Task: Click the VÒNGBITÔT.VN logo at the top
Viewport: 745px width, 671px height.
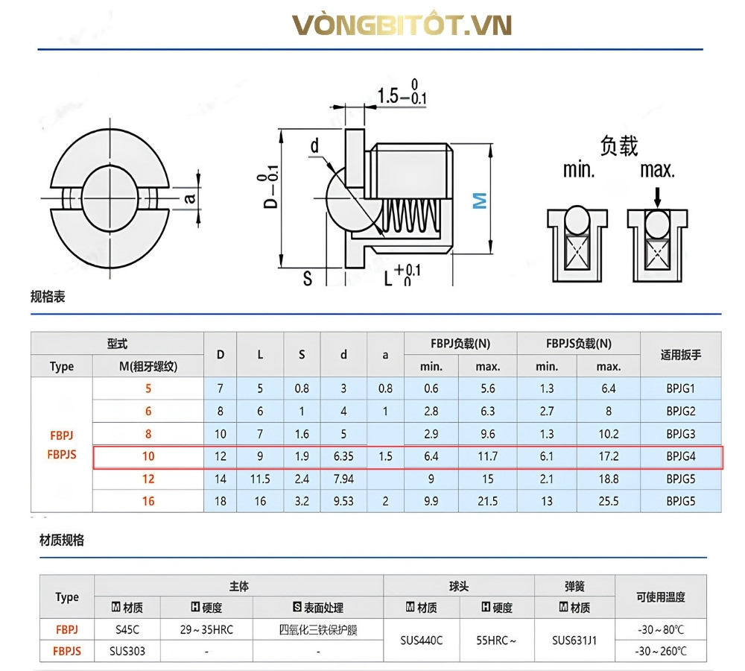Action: pyautogui.click(x=402, y=25)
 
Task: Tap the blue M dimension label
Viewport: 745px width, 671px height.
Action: pyautogui.click(x=479, y=201)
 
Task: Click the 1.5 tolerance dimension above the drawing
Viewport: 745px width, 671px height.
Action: pyautogui.click(x=402, y=92)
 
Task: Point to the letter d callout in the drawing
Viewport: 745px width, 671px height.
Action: pyautogui.click(x=314, y=145)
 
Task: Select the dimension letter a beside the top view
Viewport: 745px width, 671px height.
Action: pyautogui.click(x=189, y=198)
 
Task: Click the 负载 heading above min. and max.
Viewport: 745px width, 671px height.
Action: pyautogui.click(x=618, y=145)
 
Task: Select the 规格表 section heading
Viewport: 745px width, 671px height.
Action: pyautogui.click(x=48, y=297)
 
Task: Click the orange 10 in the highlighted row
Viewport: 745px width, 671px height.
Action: pyautogui.click(x=148, y=456)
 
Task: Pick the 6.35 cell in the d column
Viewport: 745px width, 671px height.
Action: pyautogui.click(x=343, y=456)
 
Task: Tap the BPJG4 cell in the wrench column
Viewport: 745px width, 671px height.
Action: pyautogui.click(x=680, y=456)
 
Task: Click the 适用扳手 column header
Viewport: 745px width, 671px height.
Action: pyautogui.click(x=680, y=355)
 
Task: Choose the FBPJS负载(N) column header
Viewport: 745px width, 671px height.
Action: pyautogui.click(x=579, y=344)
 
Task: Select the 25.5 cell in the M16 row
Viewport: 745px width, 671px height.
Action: pyautogui.click(x=609, y=501)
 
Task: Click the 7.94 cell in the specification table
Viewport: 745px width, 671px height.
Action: pyautogui.click(x=343, y=479)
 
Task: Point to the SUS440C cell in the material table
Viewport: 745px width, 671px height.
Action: pyautogui.click(x=422, y=640)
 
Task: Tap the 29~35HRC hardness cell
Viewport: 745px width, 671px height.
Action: pyautogui.click(x=206, y=630)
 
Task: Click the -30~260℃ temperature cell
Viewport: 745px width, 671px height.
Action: pyautogui.click(x=661, y=651)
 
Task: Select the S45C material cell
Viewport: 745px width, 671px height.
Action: pyautogui.click(x=127, y=630)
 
